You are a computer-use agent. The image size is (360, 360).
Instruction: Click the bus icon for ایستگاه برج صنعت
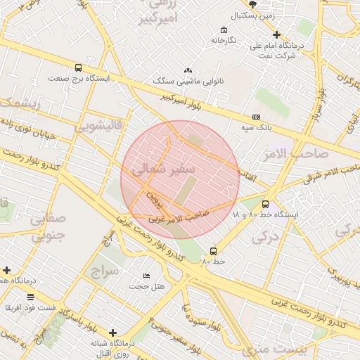click(x=77, y=68)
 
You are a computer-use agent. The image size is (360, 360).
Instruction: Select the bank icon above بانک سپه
click(x=255, y=117)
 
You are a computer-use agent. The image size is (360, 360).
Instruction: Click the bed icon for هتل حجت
click(x=146, y=275)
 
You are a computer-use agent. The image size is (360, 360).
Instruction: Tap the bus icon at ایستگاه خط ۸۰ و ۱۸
click(x=265, y=204)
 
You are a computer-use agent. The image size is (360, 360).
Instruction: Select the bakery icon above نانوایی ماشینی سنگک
click(x=188, y=71)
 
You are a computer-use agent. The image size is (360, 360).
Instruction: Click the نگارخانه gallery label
click(x=224, y=40)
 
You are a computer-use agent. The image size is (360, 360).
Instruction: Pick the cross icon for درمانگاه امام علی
click(x=276, y=34)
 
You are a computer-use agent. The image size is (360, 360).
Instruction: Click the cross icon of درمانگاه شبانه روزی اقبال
click(x=112, y=332)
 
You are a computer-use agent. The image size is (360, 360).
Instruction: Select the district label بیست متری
click(x=270, y=349)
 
